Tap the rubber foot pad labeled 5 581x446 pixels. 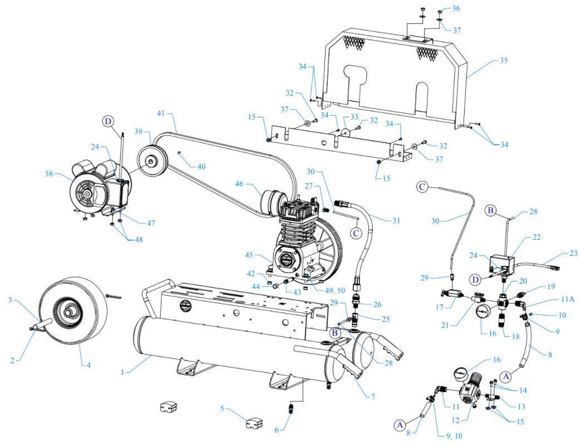[254, 424]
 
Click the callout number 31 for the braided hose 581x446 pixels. [396, 220]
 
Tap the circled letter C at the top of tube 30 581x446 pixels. [422, 187]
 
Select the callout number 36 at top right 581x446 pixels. [456, 8]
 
